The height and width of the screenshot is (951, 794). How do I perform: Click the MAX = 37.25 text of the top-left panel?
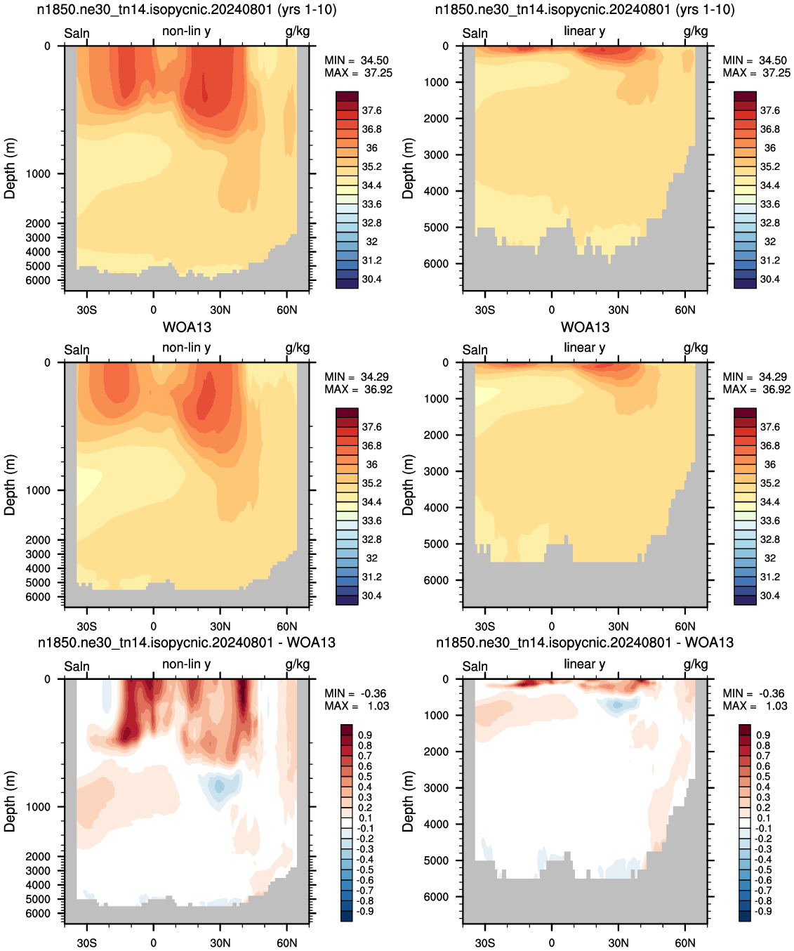click(x=358, y=73)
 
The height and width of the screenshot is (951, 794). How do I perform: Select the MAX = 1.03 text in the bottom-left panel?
click(x=357, y=705)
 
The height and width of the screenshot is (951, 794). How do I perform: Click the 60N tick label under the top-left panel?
click(x=287, y=310)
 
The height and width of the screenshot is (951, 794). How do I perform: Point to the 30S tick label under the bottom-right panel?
click(x=485, y=943)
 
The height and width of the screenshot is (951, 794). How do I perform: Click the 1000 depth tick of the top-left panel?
click(x=38, y=173)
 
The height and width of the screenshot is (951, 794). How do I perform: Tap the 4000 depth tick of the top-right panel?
click(x=436, y=191)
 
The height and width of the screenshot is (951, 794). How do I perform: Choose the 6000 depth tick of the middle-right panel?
click(x=436, y=580)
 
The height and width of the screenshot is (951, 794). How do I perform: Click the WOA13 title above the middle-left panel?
click(x=187, y=327)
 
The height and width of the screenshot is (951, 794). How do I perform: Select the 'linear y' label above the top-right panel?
click(x=585, y=31)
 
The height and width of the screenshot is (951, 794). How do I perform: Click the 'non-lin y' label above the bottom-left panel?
click(x=187, y=664)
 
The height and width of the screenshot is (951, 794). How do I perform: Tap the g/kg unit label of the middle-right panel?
click(x=696, y=348)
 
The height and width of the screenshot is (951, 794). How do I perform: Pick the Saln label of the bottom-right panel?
click(x=475, y=667)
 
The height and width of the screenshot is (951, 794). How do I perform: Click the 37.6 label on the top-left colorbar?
click(x=371, y=110)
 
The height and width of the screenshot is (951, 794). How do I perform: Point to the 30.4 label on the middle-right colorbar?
click(x=770, y=596)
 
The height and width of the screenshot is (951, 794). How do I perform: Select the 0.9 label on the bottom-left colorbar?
click(x=365, y=735)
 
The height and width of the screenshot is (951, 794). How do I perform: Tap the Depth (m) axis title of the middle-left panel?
click(x=10, y=485)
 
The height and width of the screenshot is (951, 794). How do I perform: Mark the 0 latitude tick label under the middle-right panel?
click(x=552, y=627)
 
